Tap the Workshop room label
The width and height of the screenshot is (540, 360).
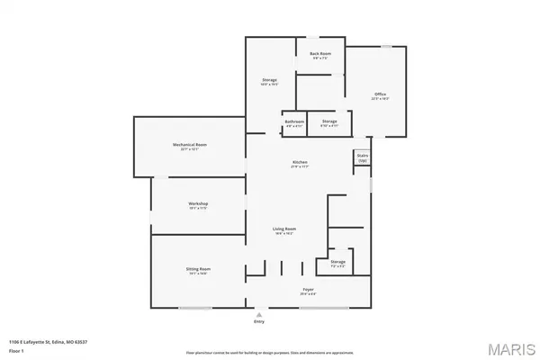coord(198,204)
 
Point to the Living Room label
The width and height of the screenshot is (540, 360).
coord(284,229)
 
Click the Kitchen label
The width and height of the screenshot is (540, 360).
coord(299,163)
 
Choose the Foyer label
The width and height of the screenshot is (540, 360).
coord(308,290)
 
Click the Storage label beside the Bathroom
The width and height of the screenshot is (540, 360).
coord(329,122)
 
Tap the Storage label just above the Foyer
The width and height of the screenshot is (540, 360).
coord(337,263)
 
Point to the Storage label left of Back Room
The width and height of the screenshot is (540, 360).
coord(269,81)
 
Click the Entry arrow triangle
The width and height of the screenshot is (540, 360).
coord(260,312)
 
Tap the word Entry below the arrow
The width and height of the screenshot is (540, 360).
coord(260,320)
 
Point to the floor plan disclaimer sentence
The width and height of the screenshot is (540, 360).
coord(270,350)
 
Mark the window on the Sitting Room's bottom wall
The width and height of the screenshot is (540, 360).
coord(194,309)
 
